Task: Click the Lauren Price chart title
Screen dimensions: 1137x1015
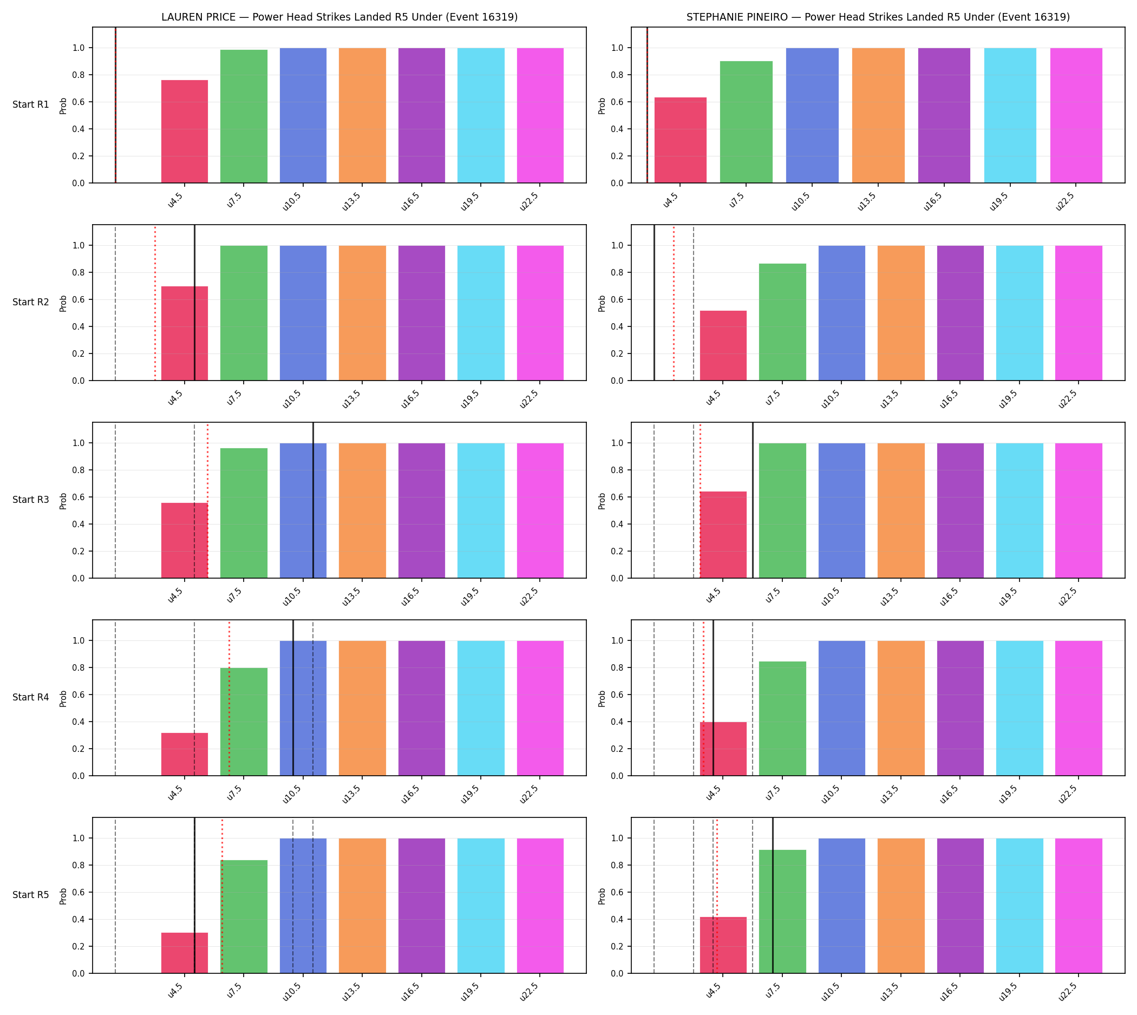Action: pyautogui.click(x=339, y=17)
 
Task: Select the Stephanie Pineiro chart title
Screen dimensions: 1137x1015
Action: pyautogui.click(x=878, y=17)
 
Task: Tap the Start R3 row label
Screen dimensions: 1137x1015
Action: pyautogui.click(x=31, y=500)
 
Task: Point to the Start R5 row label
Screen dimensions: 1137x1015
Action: pyautogui.click(x=31, y=894)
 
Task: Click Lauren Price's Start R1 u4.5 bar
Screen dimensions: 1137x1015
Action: pyautogui.click(x=185, y=132)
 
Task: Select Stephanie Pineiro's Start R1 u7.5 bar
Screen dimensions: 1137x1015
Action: pyautogui.click(x=746, y=122)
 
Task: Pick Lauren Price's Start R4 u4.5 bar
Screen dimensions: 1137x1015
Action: pyautogui.click(x=185, y=754)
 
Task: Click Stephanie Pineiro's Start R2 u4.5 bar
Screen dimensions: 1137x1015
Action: pyautogui.click(x=723, y=346)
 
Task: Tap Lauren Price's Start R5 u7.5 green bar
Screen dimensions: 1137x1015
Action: pyautogui.click(x=244, y=916)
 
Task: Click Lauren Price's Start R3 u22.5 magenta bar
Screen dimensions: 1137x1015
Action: pyautogui.click(x=540, y=511)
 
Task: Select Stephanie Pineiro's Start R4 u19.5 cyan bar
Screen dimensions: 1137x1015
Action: pyautogui.click(x=1020, y=708)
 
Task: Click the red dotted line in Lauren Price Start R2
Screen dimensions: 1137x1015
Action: pyautogui.click(x=155, y=303)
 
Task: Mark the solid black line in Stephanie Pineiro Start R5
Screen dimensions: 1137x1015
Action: pyautogui.click(x=773, y=896)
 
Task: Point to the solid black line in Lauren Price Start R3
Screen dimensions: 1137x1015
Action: pyautogui.click(x=313, y=500)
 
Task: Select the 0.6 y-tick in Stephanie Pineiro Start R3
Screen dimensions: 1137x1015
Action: pyautogui.click(x=617, y=497)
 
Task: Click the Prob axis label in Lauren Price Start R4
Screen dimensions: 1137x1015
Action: pyautogui.click(x=63, y=698)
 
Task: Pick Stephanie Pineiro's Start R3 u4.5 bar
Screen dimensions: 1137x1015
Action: pyautogui.click(x=723, y=535)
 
